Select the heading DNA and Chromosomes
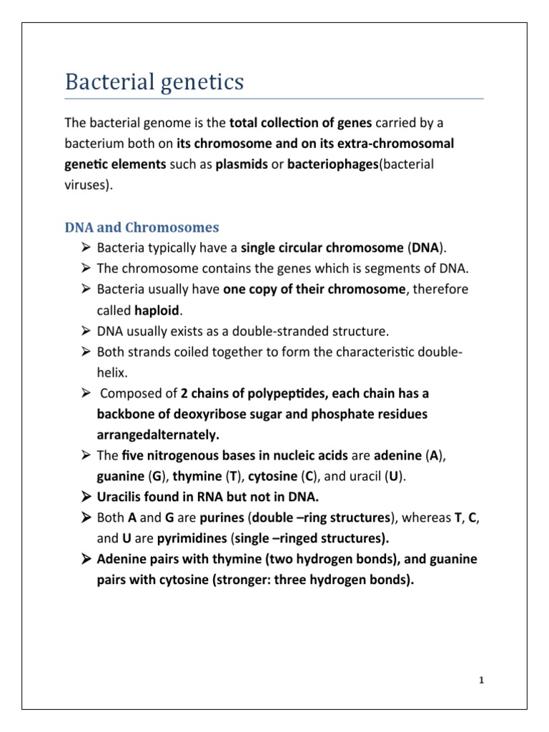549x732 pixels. (x=142, y=227)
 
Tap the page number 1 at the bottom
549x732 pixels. (x=482, y=680)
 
